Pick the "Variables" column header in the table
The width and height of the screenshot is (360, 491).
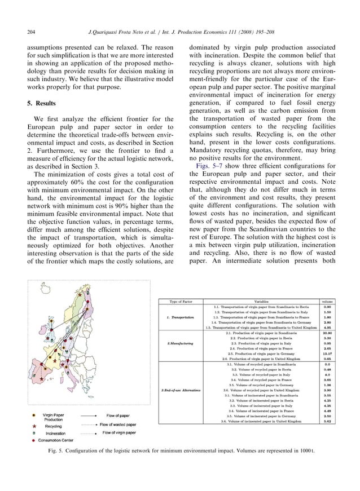pos(261,301)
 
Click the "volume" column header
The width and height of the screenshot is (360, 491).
pos(327,301)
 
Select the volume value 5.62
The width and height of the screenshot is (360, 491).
pos(327,421)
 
